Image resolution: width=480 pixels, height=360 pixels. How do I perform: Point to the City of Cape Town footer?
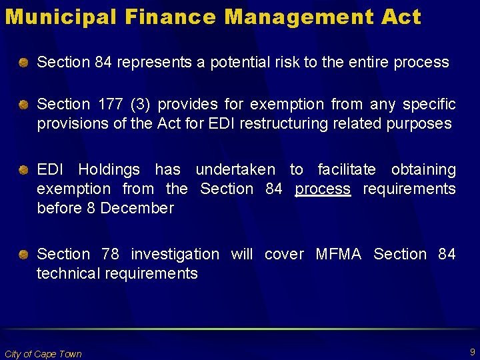43,354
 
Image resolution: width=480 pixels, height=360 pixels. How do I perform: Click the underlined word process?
323,189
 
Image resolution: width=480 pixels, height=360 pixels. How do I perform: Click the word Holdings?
109,170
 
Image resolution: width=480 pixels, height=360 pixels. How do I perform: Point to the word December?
139,209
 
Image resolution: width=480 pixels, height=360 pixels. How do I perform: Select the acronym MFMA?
338,255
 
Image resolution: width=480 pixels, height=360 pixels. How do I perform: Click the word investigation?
175,255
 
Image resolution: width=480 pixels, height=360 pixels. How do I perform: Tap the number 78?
110,255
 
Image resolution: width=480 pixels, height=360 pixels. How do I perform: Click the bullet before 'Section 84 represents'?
24,63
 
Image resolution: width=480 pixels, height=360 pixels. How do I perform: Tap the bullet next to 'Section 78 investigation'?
24,255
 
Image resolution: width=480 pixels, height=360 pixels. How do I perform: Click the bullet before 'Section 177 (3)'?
24,105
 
